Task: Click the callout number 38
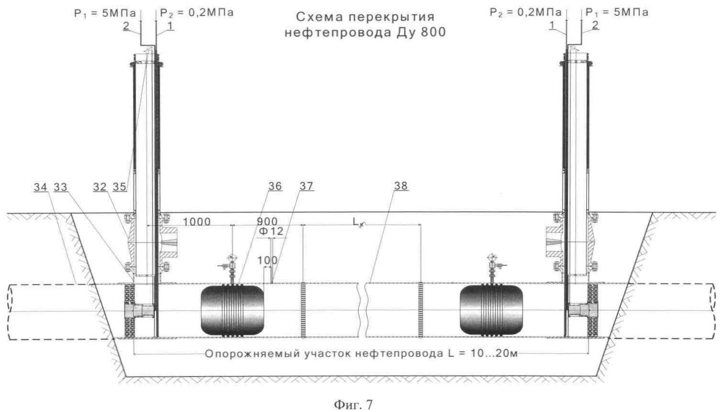click(x=401, y=186)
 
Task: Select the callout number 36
click(x=275, y=186)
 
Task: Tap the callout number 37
click(x=306, y=186)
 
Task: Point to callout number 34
click(x=40, y=187)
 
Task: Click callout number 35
click(x=119, y=187)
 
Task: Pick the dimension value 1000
click(x=197, y=222)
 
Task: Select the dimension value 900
click(x=267, y=221)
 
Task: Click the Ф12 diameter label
click(x=271, y=231)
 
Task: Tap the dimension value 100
click(x=267, y=261)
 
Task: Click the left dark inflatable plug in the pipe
click(x=232, y=310)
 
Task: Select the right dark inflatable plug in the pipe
click(x=491, y=310)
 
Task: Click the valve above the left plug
click(x=231, y=267)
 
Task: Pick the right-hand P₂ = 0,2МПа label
click(x=526, y=13)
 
